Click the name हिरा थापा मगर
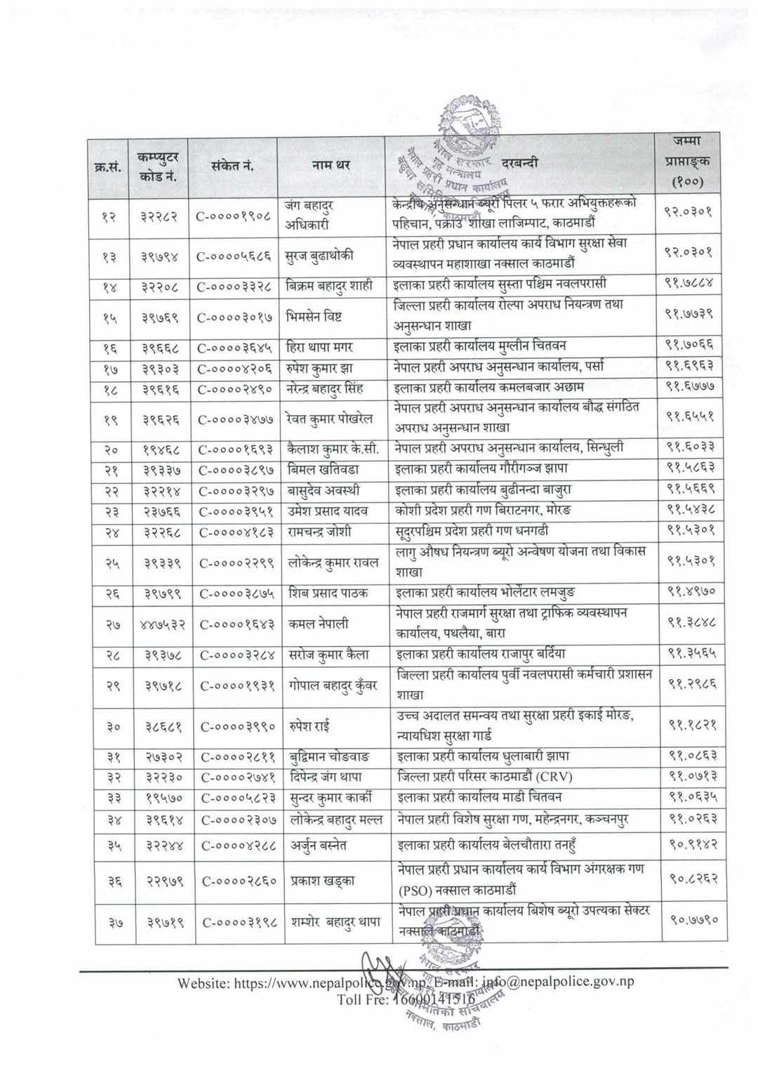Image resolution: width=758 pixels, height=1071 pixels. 322,346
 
